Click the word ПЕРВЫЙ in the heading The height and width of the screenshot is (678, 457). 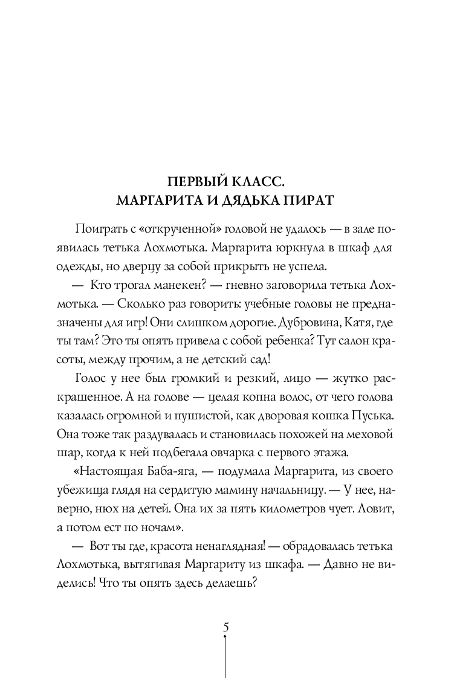193,181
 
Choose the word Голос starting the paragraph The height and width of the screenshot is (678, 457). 92,379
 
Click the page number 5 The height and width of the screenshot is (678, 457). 226,627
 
